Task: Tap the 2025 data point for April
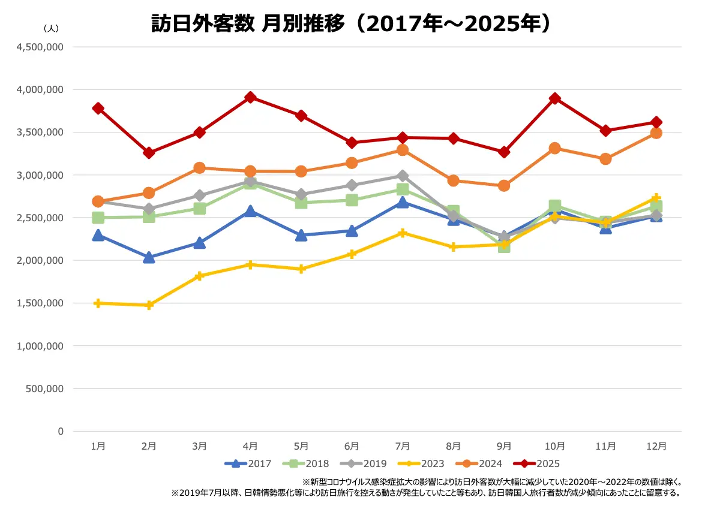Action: pos(251,97)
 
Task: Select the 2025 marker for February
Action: pos(149,153)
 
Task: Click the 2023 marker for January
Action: pos(98,303)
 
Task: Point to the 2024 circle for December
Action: pos(656,133)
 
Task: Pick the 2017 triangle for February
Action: pos(149,257)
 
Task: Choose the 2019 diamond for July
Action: pos(403,176)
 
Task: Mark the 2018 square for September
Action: pos(504,246)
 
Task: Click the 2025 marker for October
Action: pos(555,98)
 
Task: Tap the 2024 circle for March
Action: pos(200,168)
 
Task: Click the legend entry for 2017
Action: pos(248,463)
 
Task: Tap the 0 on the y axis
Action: pos(60,431)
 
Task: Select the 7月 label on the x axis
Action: pos(403,446)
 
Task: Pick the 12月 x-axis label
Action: pos(656,446)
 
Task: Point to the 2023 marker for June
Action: pos(352,254)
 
